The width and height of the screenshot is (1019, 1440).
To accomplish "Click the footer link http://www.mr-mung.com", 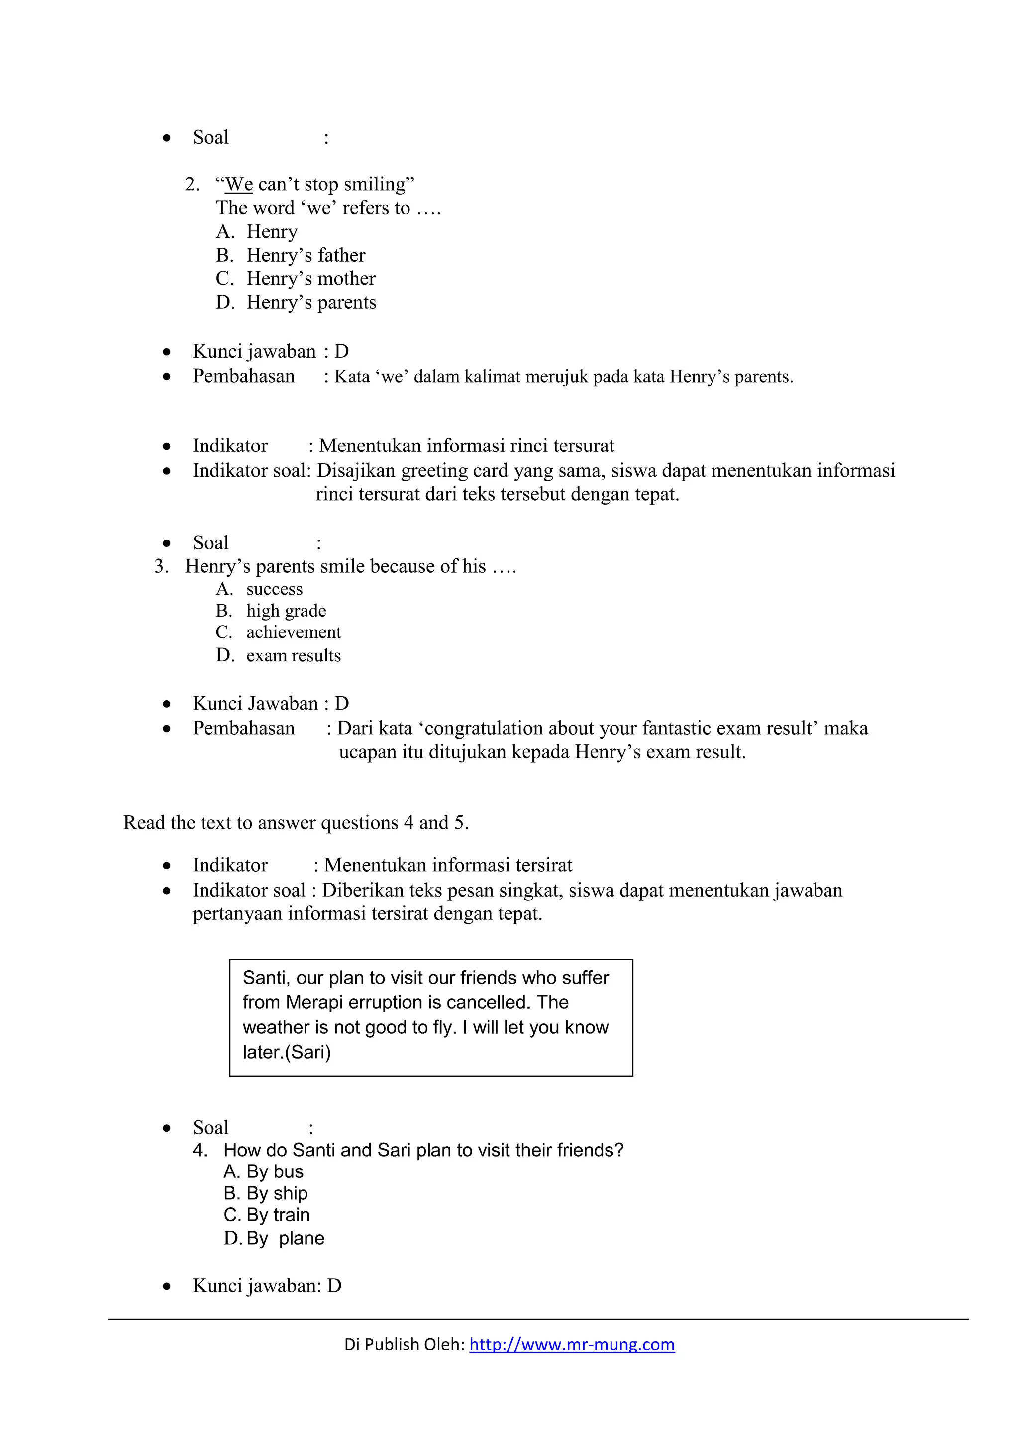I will (572, 1344).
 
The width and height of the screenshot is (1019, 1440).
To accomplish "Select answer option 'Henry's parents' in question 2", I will (310, 302).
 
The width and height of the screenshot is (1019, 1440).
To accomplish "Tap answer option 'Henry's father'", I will (306, 255).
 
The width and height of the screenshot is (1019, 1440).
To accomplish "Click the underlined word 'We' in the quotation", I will (238, 184).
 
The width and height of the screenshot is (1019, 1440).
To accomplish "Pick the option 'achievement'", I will (294, 632).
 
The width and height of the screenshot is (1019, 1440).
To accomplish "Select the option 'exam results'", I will (293, 655).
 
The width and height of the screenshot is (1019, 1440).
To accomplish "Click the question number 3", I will (161, 566).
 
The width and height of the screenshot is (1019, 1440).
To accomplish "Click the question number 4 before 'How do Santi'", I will (200, 1150).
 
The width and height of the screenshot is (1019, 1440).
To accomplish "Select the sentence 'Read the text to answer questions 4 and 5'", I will (296, 823).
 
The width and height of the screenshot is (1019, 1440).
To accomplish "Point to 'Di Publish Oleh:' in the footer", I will (405, 1344).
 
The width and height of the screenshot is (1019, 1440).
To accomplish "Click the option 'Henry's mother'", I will (310, 278).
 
